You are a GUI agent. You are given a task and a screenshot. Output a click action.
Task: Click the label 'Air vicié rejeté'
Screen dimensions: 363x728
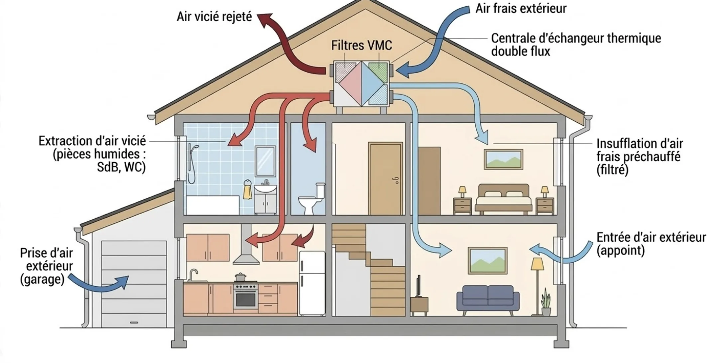coord(214,17)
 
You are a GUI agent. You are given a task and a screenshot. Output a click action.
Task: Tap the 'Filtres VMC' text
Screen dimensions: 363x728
coord(361,46)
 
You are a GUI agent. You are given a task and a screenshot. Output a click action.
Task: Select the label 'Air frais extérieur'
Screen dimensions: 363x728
coord(521,9)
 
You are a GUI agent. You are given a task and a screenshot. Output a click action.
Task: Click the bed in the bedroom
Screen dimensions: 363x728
coord(503,199)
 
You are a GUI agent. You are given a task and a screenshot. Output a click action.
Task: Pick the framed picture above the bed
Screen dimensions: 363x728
coord(503,159)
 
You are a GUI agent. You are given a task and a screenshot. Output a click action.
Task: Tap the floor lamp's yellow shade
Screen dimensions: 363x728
coord(537,264)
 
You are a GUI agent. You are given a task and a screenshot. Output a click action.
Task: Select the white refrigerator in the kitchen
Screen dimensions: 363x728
coord(312,283)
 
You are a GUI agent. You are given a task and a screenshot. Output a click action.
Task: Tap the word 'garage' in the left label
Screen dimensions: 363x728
coord(42,279)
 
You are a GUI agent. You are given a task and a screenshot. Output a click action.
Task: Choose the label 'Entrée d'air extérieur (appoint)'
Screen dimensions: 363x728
coord(651,244)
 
